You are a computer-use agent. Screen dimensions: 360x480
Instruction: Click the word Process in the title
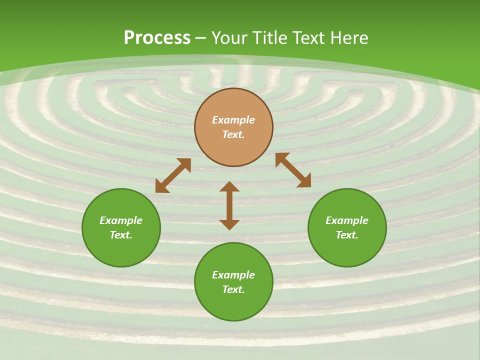coord(157,38)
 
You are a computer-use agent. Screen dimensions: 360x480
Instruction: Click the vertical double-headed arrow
coord(229,205)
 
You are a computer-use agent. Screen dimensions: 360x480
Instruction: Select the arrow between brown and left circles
coord(173,175)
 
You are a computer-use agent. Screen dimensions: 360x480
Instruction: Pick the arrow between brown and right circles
coord(293,170)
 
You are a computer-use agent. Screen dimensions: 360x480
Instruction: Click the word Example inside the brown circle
coord(233,120)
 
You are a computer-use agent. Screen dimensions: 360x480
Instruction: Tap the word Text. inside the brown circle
coord(233,134)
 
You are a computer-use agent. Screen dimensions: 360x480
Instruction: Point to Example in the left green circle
coord(121,220)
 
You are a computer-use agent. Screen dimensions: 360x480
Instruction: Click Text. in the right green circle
coord(347,235)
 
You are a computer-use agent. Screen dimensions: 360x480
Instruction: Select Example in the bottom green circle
coord(233,275)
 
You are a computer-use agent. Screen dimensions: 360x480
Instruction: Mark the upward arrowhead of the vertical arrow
coord(229,187)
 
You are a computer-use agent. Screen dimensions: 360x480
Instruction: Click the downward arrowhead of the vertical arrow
coord(229,224)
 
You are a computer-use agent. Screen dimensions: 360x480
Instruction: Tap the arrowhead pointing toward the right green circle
coord(304,181)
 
